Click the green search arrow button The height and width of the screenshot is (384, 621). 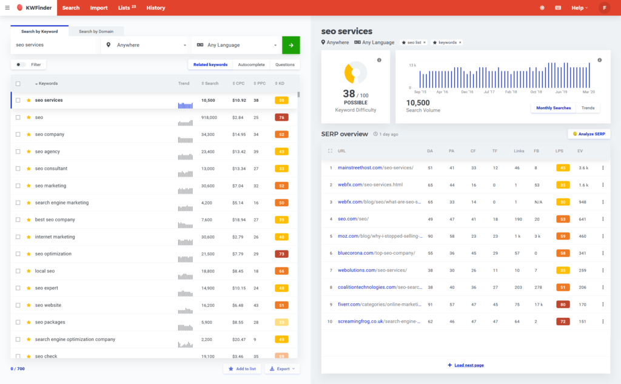pos(291,45)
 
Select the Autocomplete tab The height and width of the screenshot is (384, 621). pos(251,64)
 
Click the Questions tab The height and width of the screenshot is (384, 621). pos(285,64)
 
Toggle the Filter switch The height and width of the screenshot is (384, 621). pos(21,64)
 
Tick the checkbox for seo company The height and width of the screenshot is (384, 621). pos(18,135)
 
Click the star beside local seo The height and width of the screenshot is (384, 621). pos(29,271)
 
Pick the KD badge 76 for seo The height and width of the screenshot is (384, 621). pos(281,118)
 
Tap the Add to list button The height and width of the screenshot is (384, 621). pos(242,369)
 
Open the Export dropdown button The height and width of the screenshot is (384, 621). pos(282,369)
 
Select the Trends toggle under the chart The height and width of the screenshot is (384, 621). pos(588,108)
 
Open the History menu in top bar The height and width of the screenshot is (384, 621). pos(156,8)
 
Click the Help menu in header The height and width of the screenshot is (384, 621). pos(579,8)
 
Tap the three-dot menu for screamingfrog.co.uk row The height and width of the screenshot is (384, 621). pos(603,321)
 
